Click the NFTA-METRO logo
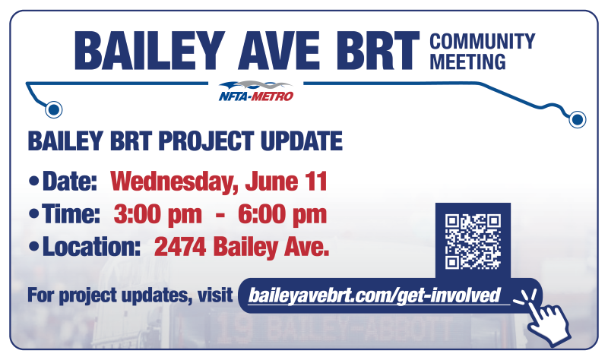tap(256, 91)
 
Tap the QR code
tap(473, 241)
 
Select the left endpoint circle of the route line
tap(53, 109)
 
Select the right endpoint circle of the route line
tap(578, 118)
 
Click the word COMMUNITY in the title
tap(483, 42)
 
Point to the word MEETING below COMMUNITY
tap(467, 62)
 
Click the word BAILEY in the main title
tap(150, 51)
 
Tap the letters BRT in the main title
tap(378, 51)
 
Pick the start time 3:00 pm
tap(158, 215)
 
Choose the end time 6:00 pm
tap(282, 215)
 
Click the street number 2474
tap(180, 248)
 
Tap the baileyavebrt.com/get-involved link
tap(374, 295)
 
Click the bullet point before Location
tap(34, 247)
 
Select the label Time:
tap(71, 214)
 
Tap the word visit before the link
tap(215, 295)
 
